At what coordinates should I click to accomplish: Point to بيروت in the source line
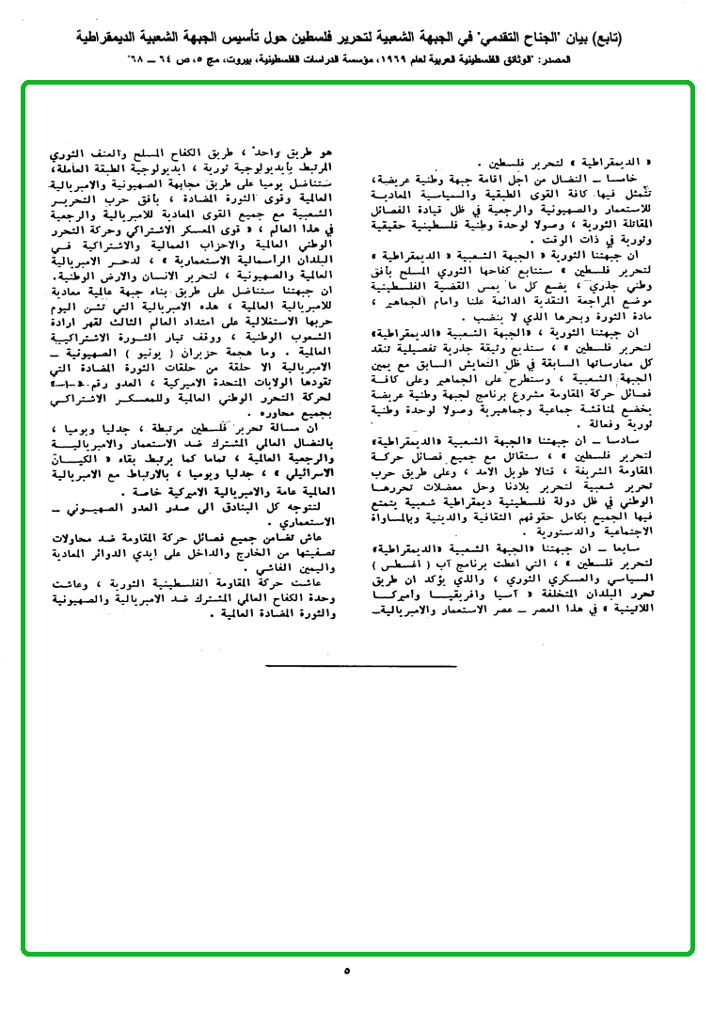coord(240,59)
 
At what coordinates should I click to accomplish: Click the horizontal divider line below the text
coord(360,665)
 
